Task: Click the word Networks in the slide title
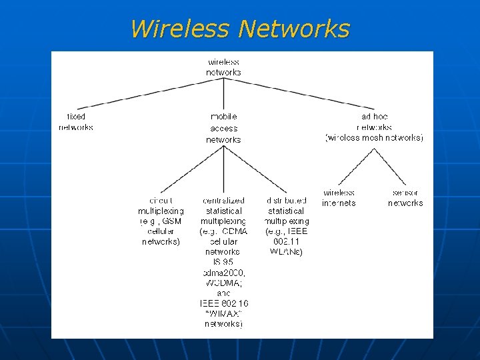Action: pos(293,29)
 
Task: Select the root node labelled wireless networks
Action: pos(223,67)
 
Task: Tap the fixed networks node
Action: pos(76,122)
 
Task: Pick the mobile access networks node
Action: pos(223,128)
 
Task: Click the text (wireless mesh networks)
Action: pos(374,138)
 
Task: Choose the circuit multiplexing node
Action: pos(161,221)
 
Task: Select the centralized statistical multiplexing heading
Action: pos(223,210)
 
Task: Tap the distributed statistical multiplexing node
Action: pos(286,210)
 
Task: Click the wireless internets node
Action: pos(339,198)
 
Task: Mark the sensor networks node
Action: pos(405,198)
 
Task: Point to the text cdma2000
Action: pos(223,273)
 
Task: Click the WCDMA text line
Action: pos(223,283)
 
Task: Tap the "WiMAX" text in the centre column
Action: pos(223,313)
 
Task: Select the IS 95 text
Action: pos(223,263)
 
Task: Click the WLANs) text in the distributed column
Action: pos(287,252)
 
